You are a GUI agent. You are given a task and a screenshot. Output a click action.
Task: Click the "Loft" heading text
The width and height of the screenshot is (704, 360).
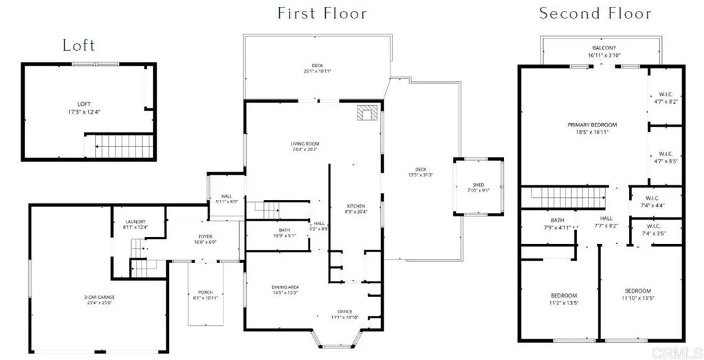pos(78,46)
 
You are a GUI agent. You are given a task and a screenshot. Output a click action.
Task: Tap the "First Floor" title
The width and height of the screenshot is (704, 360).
pos(322,13)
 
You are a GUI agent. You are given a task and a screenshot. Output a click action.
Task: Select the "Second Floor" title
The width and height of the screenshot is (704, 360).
pos(595,13)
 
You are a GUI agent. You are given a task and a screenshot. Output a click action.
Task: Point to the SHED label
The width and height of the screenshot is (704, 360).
pos(478,184)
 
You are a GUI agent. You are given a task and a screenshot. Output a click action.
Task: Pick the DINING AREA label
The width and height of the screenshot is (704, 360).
pos(285,286)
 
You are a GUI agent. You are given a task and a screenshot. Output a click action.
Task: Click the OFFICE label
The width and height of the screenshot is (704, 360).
pos(344,311)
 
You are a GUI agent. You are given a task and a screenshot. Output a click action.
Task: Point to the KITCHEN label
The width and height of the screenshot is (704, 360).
pos(355,206)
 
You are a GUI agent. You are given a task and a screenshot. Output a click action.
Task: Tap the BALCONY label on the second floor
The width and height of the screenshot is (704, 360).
pos(604,49)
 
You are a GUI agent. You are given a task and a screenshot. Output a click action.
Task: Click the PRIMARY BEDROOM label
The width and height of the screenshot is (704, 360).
pos(591,125)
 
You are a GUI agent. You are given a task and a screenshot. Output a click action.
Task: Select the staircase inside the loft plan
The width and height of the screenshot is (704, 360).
pos(117,146)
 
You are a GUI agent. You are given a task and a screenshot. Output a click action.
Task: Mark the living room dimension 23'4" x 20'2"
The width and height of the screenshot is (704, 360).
pos(305,148)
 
